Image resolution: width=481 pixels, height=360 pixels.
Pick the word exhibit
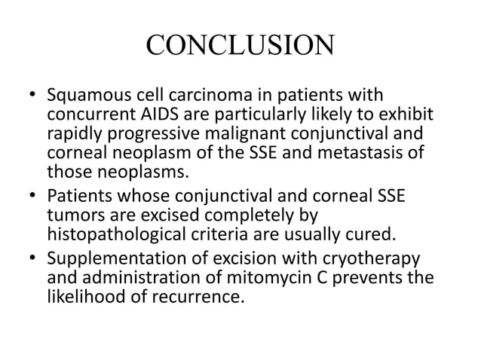click(409, 114)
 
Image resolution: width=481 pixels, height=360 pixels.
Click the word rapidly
click(72, 131)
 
